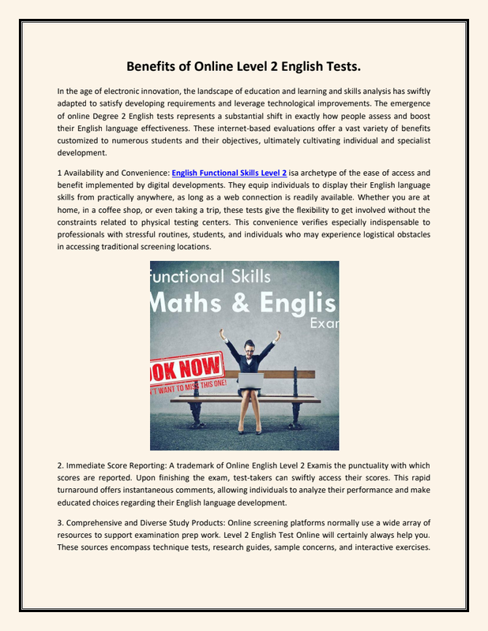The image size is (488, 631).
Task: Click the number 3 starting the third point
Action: point(60,523)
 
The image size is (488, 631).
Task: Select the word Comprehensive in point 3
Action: point(99,523)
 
